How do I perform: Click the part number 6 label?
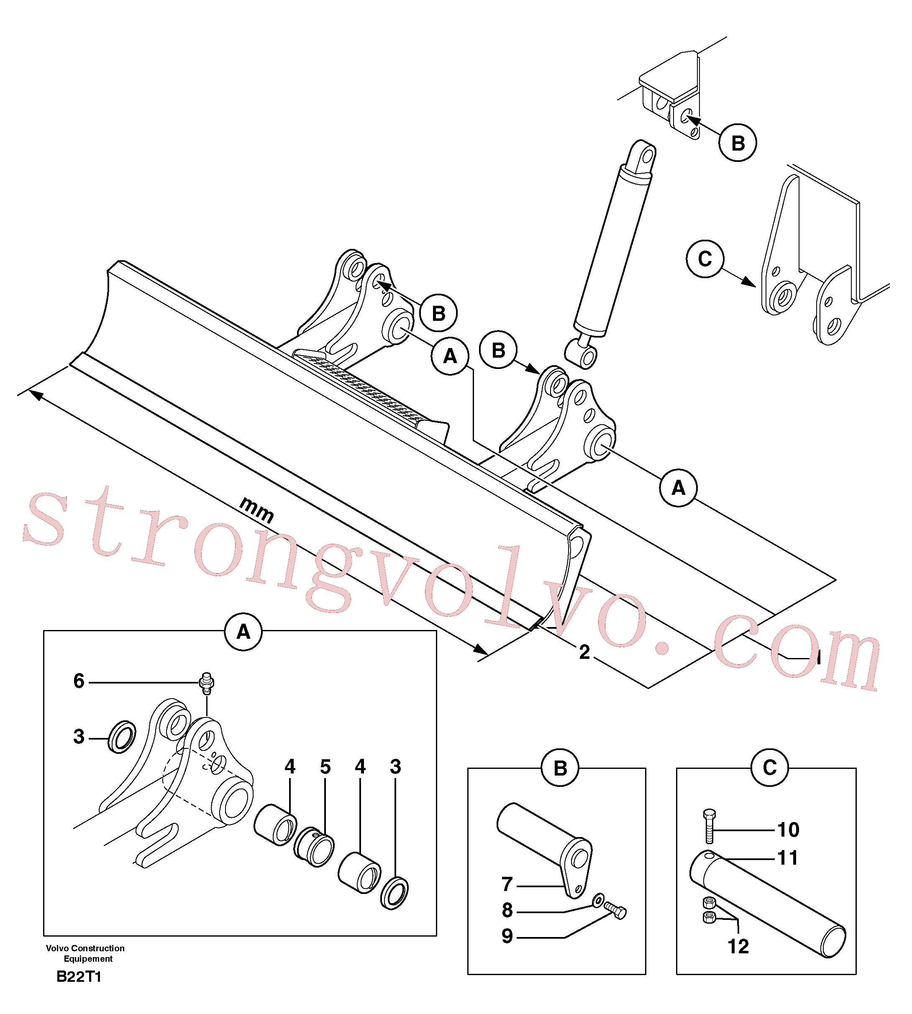(x=79, y=681)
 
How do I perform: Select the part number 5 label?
(x=325, y=766)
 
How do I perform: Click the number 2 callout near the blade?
(x=584, y=652)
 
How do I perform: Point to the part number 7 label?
(x=507, y=884)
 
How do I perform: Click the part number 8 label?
(x=507, y=910)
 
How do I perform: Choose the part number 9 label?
(x=507, y=936)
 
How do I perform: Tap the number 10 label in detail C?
(x=788, y=830)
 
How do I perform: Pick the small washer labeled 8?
(x=598, y=901)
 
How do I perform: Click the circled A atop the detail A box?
(x=243, y=632)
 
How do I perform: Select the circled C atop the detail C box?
(x=770, y=768)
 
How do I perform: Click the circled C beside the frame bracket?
(x=705, y=259)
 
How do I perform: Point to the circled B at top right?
(x=738, y=143)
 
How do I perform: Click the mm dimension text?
(x=256, y=510)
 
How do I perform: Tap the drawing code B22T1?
(x=79, y=976)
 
